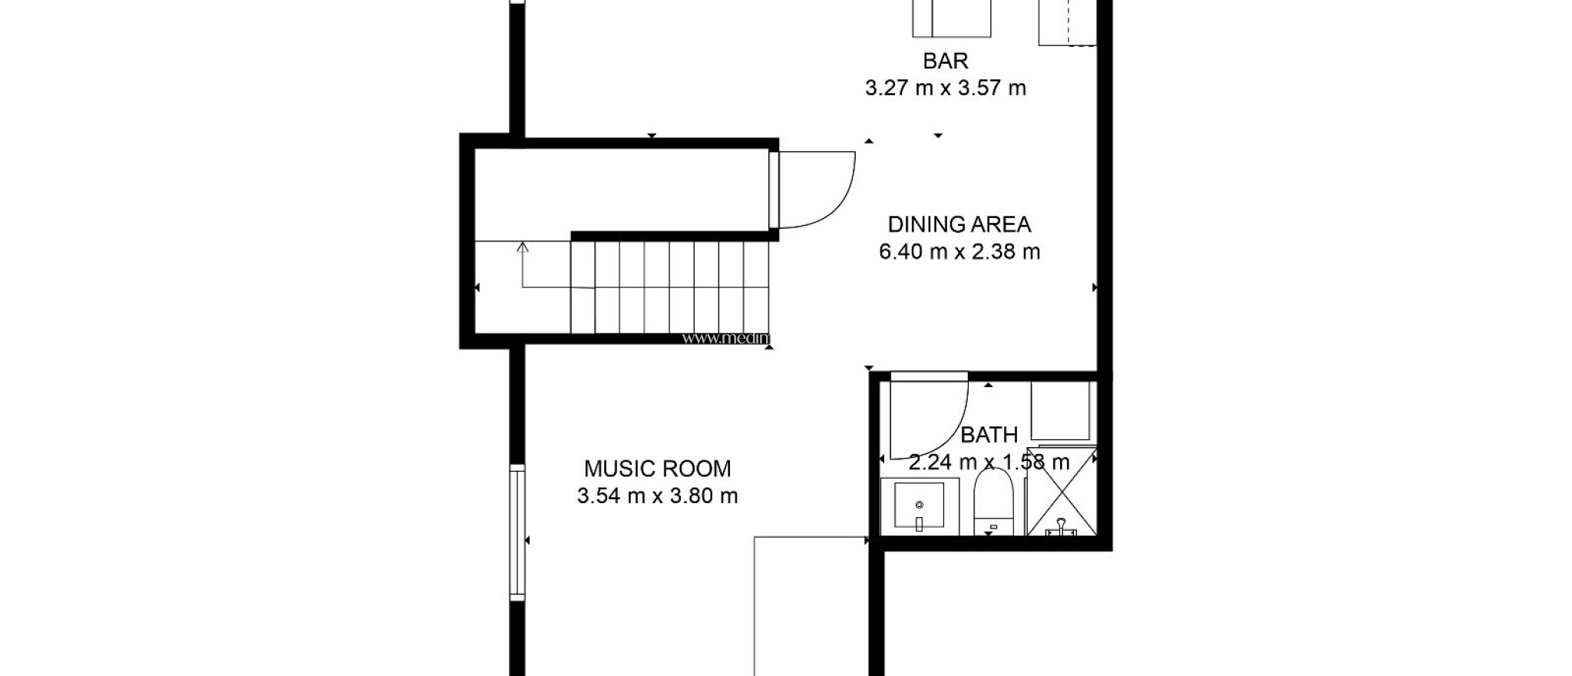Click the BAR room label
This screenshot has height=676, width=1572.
945,61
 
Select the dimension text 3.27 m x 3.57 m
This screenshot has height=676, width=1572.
945,88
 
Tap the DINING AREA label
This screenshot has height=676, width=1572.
959,224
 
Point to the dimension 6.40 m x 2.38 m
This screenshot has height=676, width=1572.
959,252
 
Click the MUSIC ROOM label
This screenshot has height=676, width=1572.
657,469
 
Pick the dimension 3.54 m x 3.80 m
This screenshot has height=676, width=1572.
657,496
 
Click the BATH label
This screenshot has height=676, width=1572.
989,435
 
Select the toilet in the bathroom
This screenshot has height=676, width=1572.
993,499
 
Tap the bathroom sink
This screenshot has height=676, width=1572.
919,505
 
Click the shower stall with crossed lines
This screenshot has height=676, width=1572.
1062,492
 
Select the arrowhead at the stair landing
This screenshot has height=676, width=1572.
523,247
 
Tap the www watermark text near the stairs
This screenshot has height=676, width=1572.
725,338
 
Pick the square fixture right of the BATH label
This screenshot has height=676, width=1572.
1060,411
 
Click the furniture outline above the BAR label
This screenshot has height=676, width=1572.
951,17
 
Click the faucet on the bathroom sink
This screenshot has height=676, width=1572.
919,525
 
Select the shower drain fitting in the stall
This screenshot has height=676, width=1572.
1062,529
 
